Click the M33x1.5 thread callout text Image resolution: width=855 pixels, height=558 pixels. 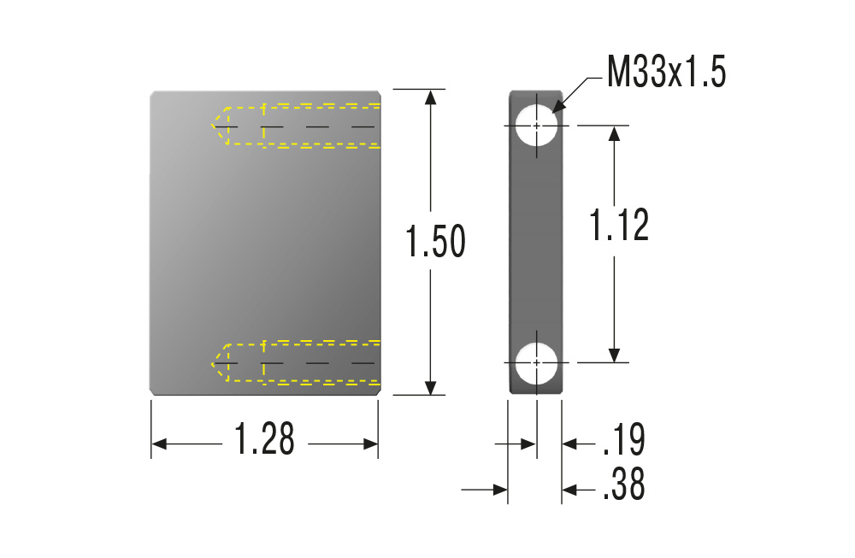point(666,72)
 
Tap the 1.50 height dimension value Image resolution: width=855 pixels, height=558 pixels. point(435,241)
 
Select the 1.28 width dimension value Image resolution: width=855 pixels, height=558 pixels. point(264,438)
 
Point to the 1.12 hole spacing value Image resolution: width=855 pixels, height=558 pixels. point(619,225)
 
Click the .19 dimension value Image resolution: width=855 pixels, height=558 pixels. point(624,439)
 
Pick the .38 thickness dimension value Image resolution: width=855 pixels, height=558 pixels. point(624,484)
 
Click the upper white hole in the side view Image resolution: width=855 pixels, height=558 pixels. point(537,126)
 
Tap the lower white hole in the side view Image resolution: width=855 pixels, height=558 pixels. point(537,362)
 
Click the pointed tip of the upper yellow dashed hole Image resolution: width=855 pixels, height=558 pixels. point(212,126)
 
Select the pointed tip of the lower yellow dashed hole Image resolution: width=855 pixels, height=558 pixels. point(212,363)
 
